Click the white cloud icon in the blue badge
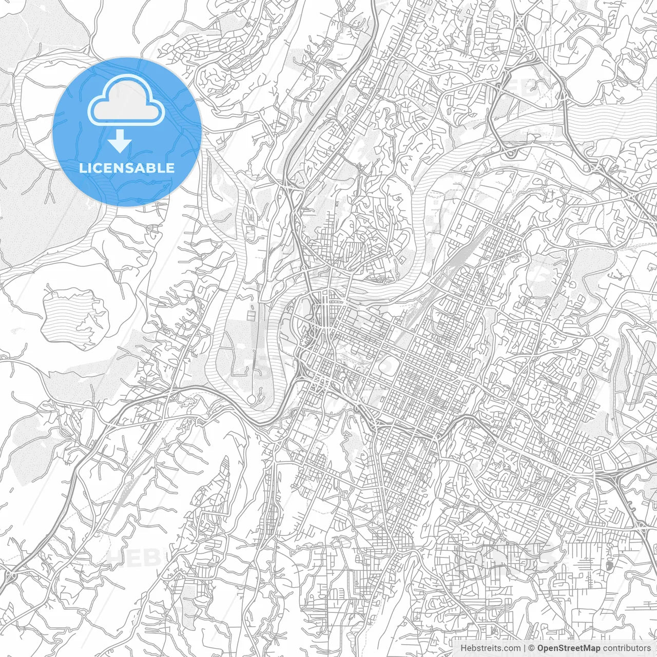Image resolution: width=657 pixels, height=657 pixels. (126, 101)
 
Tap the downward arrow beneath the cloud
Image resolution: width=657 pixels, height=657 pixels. (120, 141)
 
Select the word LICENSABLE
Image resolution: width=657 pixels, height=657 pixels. (126, 168)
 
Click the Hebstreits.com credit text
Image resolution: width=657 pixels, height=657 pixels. (490, 648)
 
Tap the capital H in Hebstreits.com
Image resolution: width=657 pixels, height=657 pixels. (463, 648)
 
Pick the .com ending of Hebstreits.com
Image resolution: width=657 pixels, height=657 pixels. (511, 648)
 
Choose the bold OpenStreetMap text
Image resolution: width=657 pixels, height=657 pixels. (568, 648)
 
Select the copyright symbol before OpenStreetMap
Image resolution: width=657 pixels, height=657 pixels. (532, 648)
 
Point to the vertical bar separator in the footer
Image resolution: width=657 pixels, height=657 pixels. (524, 648)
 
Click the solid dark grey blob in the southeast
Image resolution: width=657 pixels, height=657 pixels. (609, 566)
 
